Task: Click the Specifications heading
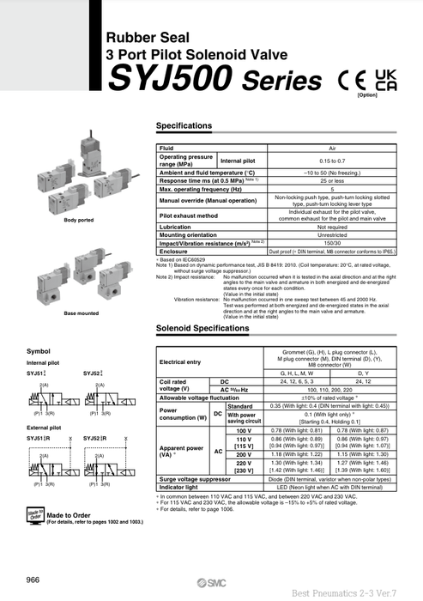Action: point(190,126)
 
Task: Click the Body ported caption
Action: point(78,221)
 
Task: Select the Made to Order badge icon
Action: point(34,516)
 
